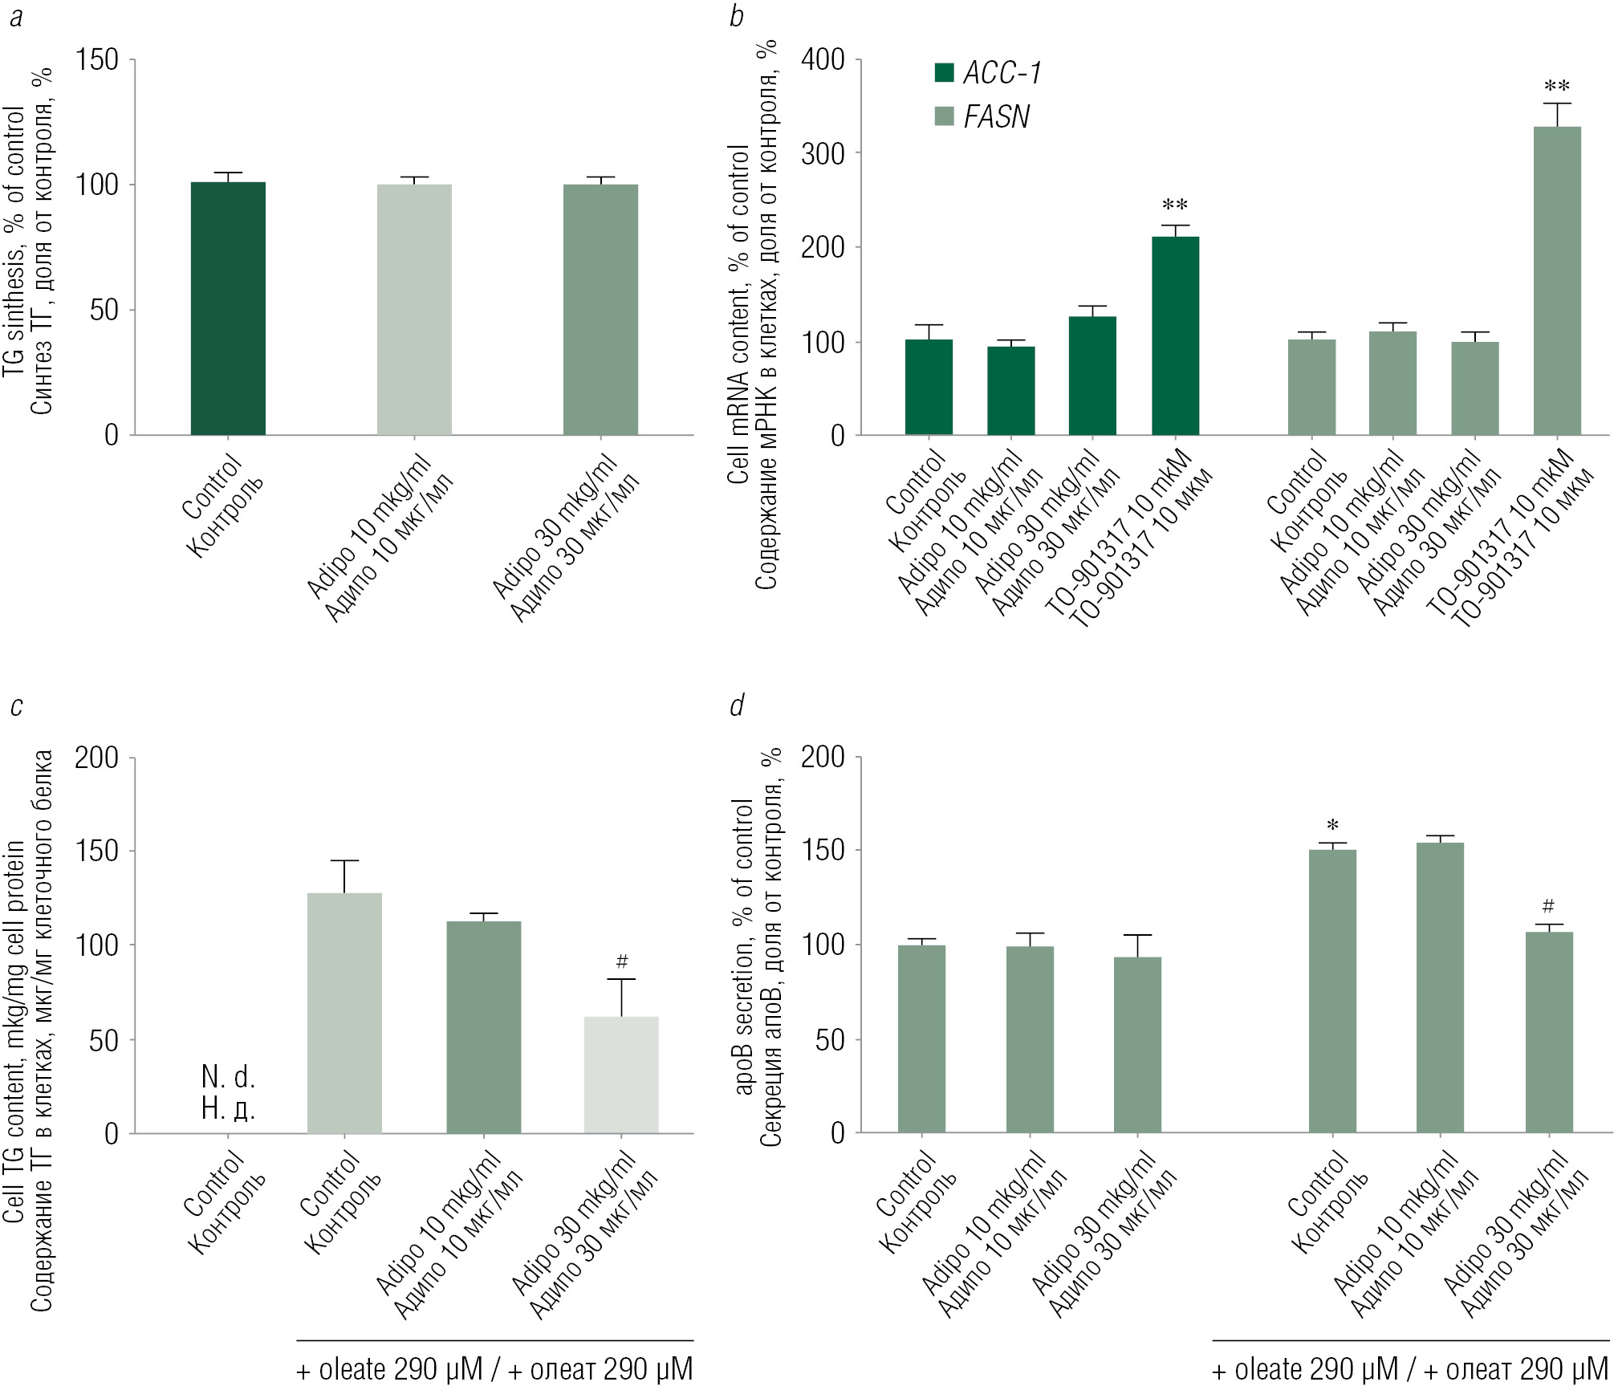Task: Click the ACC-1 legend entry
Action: [988, 74]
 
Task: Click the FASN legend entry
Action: [983, 117]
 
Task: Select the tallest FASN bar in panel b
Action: [1556, 281]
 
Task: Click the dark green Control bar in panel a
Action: [228, 309]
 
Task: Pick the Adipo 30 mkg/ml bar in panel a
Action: [600, 310]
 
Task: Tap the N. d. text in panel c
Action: [228, 1076]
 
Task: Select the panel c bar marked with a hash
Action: [621, 1075]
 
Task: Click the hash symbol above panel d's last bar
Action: [1548, 906]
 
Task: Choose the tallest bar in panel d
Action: [1440, 987]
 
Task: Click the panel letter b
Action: [736, 16]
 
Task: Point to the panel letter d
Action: [736, 705]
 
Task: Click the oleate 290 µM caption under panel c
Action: [494, 1369]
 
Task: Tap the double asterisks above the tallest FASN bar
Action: [1557, 86]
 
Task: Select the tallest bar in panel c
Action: [344, 1013]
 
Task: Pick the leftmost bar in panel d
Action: [921, 1038]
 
